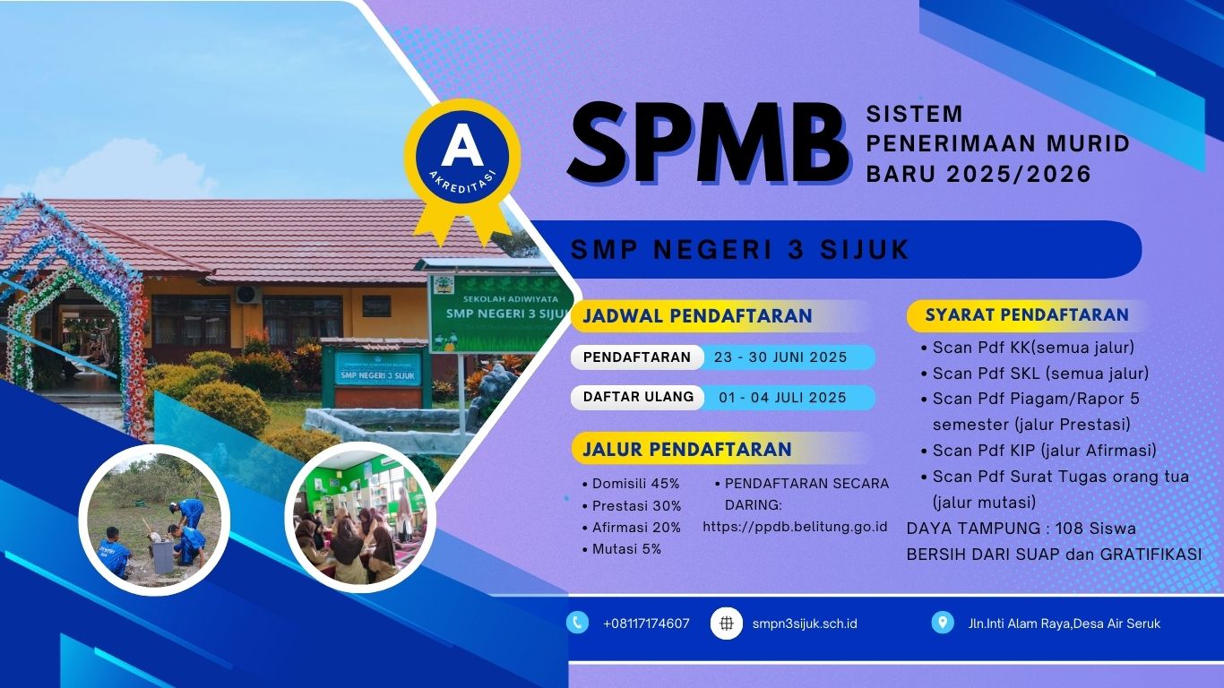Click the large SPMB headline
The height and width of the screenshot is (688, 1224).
coord(708,143)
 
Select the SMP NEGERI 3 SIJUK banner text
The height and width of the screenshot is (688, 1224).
coord(740,250)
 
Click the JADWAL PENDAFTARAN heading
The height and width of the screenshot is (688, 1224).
coord(697,316)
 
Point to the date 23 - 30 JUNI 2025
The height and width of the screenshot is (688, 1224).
coord(780,357)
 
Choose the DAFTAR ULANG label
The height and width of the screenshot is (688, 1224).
coord(638,397)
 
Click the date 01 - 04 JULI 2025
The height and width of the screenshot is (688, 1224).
coord(782,397)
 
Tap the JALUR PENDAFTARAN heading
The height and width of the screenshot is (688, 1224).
coord(687,449)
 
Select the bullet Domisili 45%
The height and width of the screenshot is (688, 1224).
coord(631,484)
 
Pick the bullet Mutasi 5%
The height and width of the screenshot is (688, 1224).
coord(623,548)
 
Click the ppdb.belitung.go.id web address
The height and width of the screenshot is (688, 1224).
coord(795,527)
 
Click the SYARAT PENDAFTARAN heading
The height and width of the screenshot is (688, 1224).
coord(1027,314)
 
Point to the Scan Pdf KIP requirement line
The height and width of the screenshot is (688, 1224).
coord(1039,451)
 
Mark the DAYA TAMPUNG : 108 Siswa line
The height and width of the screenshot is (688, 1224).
coord(1021,529)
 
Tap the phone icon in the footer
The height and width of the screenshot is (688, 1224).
coord(577,623)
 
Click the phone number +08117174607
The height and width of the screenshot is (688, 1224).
coord(646,623)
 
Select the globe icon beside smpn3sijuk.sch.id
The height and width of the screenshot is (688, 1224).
coord(726,623)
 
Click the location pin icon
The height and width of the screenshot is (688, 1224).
coord(943,623)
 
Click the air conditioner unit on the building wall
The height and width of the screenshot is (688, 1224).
coord(248,294)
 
